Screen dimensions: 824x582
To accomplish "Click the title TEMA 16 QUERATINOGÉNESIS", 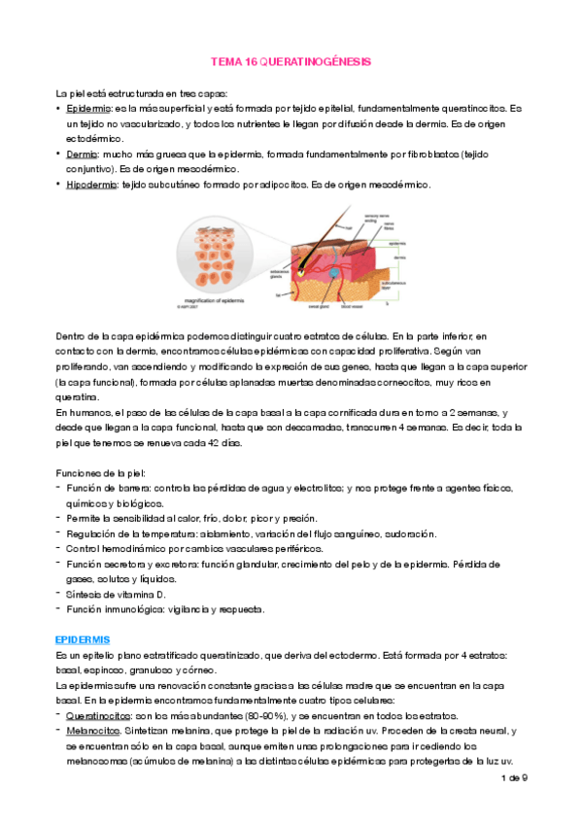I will (x=291, y=61).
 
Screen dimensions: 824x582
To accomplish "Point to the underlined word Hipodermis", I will (x=89, y=185).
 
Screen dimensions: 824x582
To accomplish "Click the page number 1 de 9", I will (x=514, y=778).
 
